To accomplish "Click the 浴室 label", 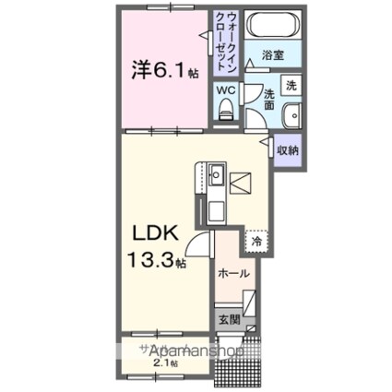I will coord(272,56).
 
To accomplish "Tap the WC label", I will coord(225,91).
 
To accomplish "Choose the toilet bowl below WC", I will coord(225,112).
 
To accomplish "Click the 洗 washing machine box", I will coord(289,84).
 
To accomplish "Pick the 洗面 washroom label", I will coord(269,99).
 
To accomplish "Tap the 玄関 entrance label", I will coord(229,321).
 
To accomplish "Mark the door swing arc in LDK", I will coord(196,245).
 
